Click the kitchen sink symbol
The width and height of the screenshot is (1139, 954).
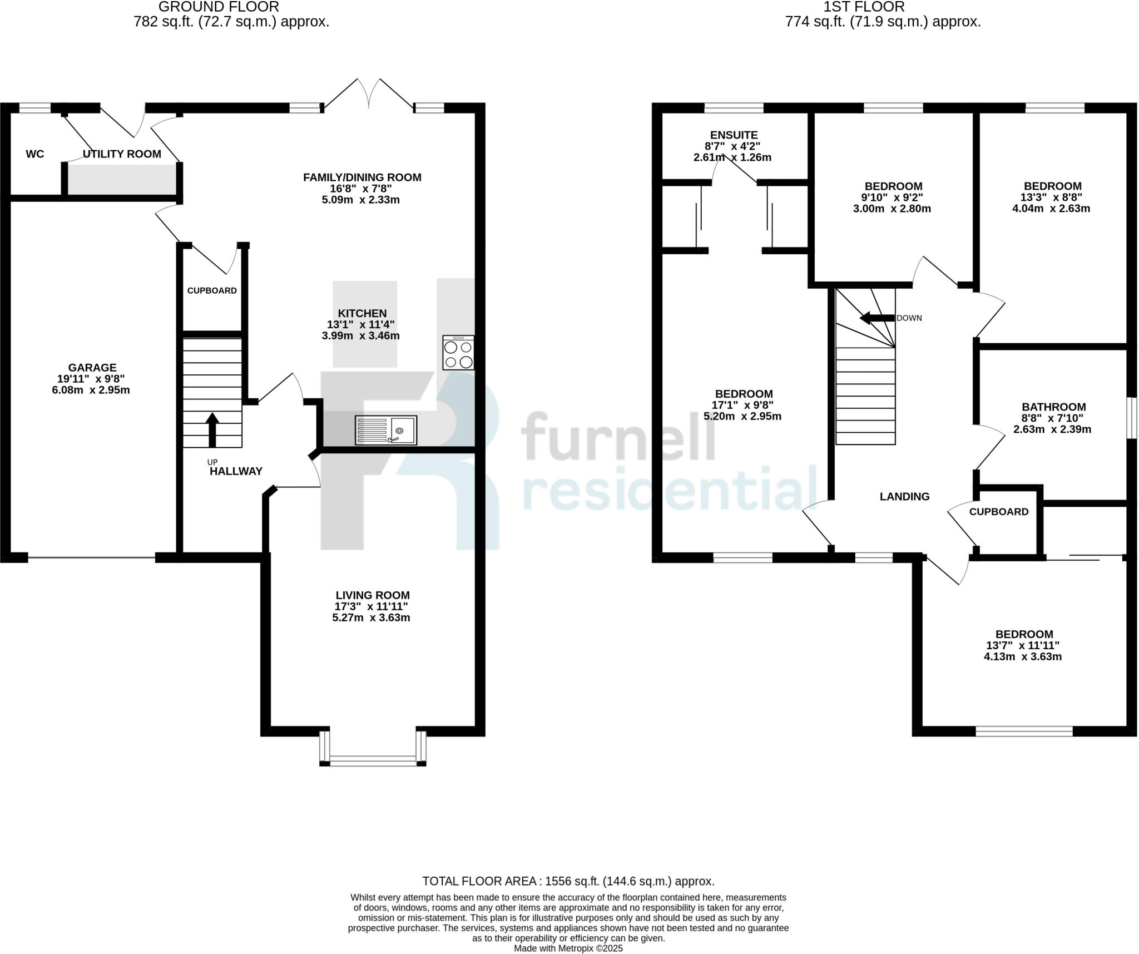click(x=385, y=430)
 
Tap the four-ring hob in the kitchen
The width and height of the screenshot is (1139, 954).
click(x=458, y=353)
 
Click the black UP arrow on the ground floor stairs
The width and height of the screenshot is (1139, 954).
click(x=212, y=429)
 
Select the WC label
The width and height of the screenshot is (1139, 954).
click(x=35, y=154)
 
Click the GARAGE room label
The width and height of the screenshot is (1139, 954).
click(x=92, y=367)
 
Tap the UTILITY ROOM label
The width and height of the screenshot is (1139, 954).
click(x=122, y=154)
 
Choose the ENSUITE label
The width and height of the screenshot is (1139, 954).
click(x=734, y=135)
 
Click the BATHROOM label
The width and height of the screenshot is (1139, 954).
click(x=1053, y=407)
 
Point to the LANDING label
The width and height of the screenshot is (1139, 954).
click(x=904, y=496)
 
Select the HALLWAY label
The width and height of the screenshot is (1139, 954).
click(x=236, y=471)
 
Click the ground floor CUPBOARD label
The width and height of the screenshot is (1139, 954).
click(x=212, y=290)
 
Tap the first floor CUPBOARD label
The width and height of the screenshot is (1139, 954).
click(x=999, y=512)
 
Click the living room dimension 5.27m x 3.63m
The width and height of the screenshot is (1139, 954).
click(x=371, y=617)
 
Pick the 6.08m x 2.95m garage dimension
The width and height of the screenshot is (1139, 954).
click(x=91, y=390)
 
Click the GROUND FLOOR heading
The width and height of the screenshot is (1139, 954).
click(x=219, y=7)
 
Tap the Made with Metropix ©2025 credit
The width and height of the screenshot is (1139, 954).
click(x=568, y=948)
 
